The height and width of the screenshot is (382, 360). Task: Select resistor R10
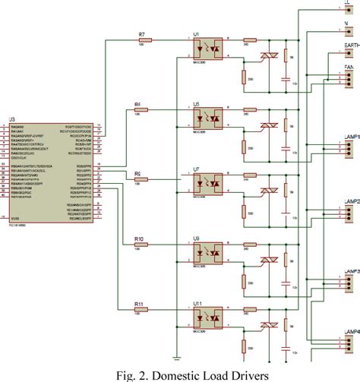click(x=140, y=248)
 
